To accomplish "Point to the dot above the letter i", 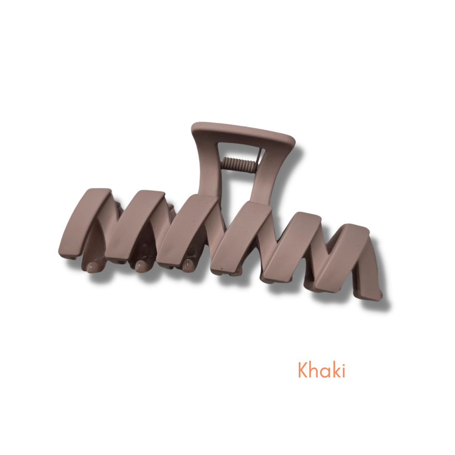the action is click(344, 364).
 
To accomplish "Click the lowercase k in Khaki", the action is click(336, 370).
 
